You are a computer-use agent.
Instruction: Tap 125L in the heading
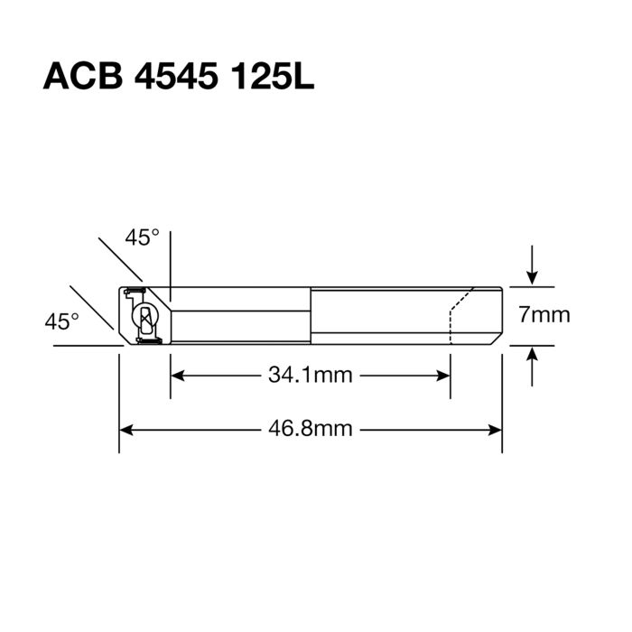(271, 77)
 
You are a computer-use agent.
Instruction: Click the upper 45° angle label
(142, 237)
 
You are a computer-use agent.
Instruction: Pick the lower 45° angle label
(61, 321)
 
